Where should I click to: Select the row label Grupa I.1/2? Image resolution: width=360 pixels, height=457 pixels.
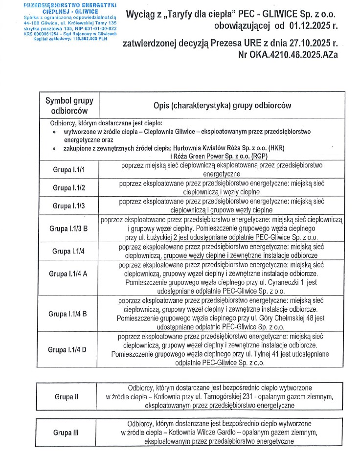pos(68,187)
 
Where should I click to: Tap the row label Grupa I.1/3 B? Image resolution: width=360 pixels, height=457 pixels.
pos(68,228)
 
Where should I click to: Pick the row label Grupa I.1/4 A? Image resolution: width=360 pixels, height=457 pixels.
pos(68,274)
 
